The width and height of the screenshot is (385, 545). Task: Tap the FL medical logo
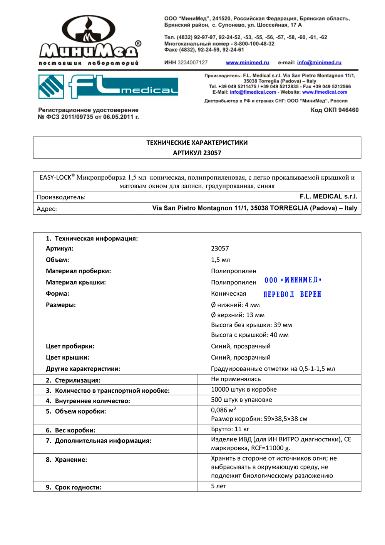coord(108,86)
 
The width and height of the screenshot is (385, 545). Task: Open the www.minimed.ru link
coord(247,62)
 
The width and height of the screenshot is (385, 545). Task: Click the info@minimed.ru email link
coord(319,62)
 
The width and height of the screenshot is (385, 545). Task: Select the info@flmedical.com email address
coord(253,92)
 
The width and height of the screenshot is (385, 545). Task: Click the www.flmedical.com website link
coord(325,92)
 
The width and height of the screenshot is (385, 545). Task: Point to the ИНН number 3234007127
coord(192,62)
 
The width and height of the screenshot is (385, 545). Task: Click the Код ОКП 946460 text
coord(335,110)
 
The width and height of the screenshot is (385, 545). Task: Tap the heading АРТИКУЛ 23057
coord(197,153)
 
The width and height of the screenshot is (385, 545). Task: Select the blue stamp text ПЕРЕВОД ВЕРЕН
coord(292,294)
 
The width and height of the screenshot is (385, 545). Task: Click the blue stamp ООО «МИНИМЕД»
coord(293,280)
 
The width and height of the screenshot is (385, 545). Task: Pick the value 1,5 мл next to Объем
coord(220,260)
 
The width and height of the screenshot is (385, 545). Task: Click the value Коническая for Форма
coord(228,294)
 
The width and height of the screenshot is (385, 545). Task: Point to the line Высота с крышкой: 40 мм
coord(249,335)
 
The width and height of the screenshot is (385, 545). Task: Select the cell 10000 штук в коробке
coord(244,389)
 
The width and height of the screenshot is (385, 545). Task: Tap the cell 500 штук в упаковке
coord(241,400)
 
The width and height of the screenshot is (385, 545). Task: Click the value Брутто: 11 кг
coord(230,429)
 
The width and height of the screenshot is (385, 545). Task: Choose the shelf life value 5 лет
coord(218,486)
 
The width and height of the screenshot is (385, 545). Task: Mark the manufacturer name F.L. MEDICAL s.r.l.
coord(328,197)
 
